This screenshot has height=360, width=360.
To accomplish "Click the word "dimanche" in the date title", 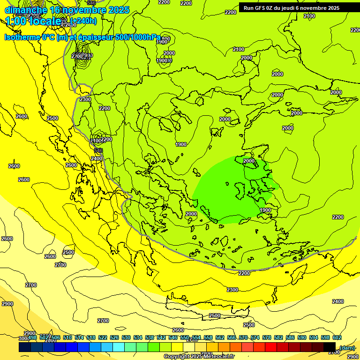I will (26, 10).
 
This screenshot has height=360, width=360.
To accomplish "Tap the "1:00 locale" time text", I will (33, 21).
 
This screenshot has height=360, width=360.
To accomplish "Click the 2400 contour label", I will (97, 159).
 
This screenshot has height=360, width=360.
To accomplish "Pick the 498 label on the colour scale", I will (32, 337).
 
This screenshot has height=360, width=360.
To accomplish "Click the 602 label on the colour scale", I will (337, 337).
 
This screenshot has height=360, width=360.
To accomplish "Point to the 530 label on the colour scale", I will (126, 337).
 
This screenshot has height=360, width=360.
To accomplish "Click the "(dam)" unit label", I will (346, 348).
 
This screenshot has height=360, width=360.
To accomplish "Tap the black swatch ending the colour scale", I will (330, 347).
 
